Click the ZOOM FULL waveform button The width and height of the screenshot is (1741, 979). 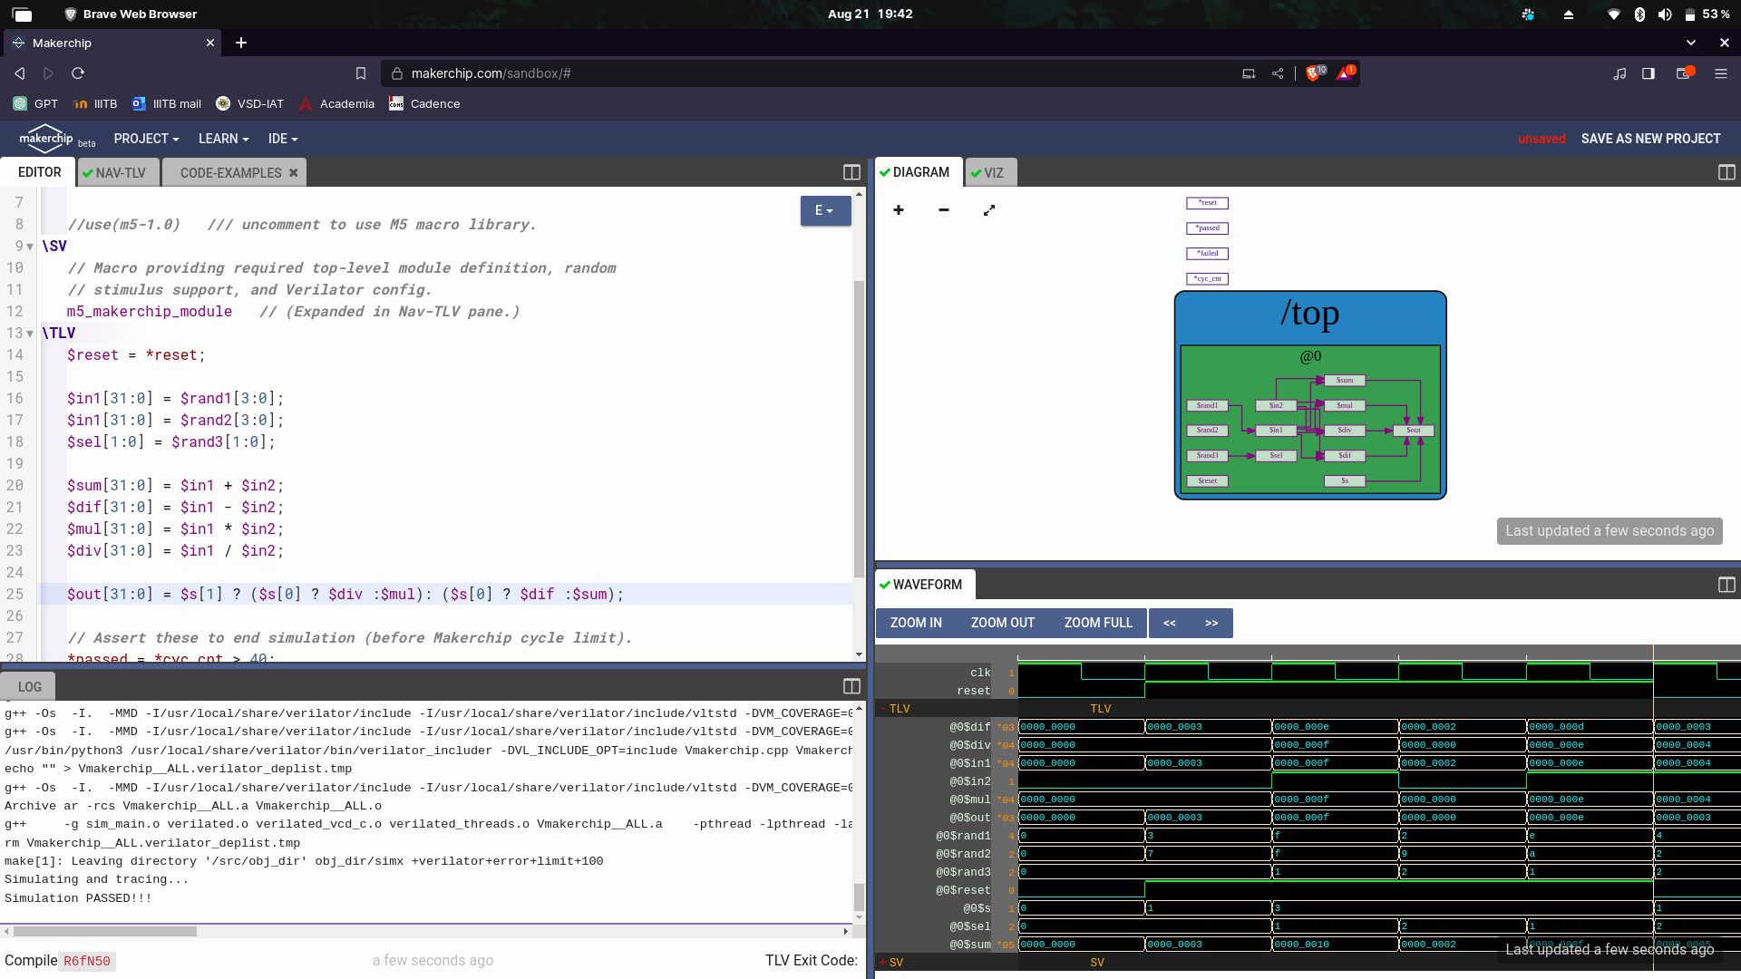[1098, 623]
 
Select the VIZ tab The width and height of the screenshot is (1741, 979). [993, 173]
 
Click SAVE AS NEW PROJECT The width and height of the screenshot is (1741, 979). [1650, 139]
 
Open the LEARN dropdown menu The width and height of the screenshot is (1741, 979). [223, 139]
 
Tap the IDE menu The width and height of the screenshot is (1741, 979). [283, 139]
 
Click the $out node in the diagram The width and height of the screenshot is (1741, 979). [1414, 431]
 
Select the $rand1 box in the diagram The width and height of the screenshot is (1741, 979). [1207, 406]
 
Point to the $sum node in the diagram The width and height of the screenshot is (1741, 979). [1345, 381]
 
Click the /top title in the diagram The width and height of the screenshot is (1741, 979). [1310, 314]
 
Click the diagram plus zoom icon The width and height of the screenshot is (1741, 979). [899, 210]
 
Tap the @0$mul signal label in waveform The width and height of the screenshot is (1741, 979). [969, 800]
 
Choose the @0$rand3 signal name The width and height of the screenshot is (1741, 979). [963, 872]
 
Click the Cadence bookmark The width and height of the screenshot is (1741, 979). [434, 104]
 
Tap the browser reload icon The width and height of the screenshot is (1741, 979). [78, 73]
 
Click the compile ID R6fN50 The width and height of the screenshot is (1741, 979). [87, 961]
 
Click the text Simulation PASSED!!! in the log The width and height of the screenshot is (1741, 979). [78, 898]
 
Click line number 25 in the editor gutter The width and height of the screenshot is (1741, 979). [15, 595]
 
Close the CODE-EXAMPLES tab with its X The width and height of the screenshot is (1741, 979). [293, 173]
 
